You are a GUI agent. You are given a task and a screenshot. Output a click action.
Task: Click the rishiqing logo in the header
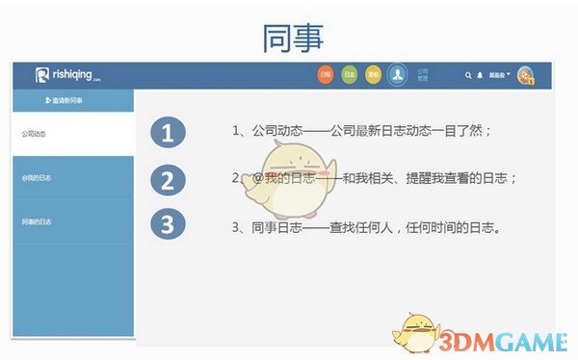[68, 76]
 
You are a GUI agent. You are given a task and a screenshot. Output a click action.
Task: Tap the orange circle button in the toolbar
[326, 75]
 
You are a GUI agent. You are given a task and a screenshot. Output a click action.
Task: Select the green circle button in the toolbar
[350, 75]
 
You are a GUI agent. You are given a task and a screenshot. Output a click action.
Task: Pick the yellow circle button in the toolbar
[374, 75]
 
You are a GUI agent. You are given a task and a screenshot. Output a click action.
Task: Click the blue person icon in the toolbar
[397, 75]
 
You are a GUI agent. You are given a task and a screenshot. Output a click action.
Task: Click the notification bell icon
[480, 75]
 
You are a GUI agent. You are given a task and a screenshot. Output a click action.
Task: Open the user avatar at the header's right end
[526, 75]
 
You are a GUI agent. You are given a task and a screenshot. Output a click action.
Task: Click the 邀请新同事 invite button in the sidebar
[65, 100]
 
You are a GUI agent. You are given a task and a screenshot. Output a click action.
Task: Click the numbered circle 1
[168, 134]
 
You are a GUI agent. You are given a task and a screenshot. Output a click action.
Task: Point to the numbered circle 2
[168, 180]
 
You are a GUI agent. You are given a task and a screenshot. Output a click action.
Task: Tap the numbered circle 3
[168, 225]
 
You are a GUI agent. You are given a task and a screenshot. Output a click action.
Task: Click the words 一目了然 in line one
[459, 130]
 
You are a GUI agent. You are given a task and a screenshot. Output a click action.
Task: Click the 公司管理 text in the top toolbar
[422, 74]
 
